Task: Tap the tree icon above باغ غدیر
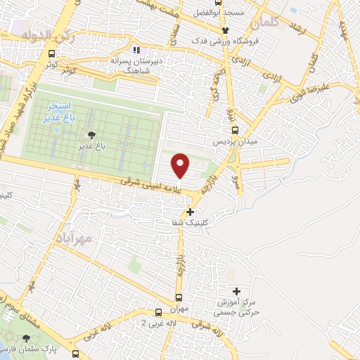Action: [x=91, y=135]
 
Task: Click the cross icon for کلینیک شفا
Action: [x=191, y=211]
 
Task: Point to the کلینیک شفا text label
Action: [x=176, y=222]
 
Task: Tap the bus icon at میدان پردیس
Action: [x=235, y=129]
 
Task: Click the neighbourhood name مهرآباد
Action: [x=72, y=239]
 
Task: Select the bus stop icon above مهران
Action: [x=178, y=297]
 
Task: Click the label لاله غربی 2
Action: [x=155, y=323]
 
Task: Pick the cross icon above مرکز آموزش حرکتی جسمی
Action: [x=236, y=291]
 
